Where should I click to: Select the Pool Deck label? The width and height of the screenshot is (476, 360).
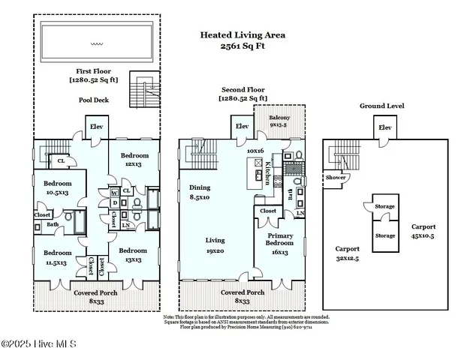[95, 99]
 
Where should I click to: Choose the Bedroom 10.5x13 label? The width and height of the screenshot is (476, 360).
[57, 187]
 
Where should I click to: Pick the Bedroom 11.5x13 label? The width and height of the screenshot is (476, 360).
[57, 256]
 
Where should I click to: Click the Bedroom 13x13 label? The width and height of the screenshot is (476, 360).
[132, 254]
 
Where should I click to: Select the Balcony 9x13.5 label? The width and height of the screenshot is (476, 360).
[279, 121]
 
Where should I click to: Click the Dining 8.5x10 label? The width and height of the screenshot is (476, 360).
[200, 191]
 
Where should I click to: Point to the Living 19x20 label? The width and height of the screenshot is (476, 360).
[215, 244]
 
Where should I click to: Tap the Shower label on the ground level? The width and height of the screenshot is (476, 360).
[335, 178]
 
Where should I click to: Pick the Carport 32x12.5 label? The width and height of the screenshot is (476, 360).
[348, 252]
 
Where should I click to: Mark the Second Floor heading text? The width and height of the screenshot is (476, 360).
[243, 93]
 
